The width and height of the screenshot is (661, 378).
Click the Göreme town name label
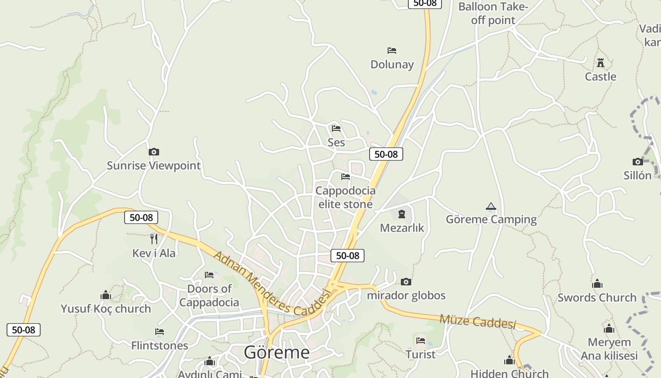click(277, 352)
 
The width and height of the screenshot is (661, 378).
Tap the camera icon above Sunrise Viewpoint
click(153, 152)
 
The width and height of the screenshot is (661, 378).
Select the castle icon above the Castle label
click(601, 62)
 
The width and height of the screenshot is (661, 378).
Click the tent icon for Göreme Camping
click(491, 206)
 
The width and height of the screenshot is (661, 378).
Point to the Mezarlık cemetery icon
click(402, 214)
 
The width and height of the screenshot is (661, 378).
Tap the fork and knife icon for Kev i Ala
click(153, 239)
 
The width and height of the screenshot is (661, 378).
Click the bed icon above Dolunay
click(391, 50)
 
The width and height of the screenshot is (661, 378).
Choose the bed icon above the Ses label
click(336, 128)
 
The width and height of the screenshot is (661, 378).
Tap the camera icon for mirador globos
click(406, 282)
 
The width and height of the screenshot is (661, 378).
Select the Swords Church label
click(597, 298)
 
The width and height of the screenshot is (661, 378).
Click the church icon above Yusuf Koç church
click(106, 295)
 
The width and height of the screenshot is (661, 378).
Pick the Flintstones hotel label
click(160, 345)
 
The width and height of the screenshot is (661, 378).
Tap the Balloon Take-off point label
click(493, 13)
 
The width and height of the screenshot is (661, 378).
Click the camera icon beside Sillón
click(637, 162)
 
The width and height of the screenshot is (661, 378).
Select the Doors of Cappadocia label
click(209, 295)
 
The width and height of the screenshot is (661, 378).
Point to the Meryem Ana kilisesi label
click(609, 349)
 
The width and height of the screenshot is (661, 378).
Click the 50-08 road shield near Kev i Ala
click(141, 217)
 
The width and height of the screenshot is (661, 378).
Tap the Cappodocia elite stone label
click(345, 198)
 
